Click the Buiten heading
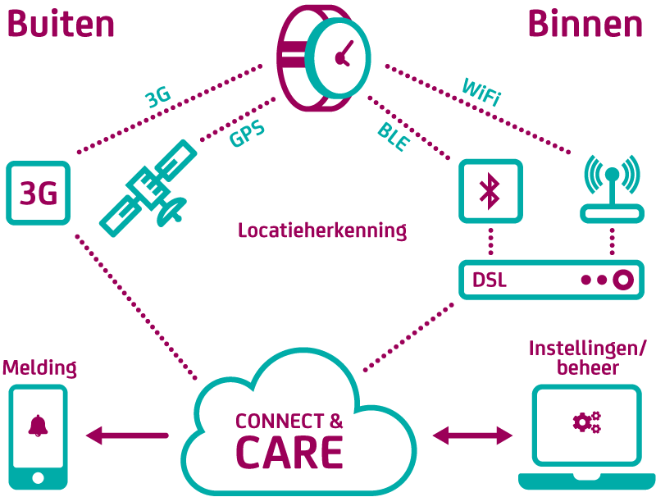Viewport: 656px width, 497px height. (61, 24)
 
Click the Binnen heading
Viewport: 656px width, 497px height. (585, 24)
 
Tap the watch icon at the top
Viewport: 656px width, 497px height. (323, 58)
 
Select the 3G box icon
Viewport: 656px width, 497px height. (38, 193)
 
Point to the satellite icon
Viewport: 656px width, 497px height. (148, 189)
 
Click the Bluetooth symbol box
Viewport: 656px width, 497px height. (490, 191)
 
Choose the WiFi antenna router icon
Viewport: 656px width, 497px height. (612, 189)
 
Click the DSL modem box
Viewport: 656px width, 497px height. (551, 280)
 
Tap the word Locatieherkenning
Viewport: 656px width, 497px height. (322, 230)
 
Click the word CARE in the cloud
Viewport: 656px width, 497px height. (289, 452)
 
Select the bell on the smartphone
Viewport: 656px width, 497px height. (38, 426)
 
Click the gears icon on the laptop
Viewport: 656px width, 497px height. (587, 422)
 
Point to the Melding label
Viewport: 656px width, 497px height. (39, 368)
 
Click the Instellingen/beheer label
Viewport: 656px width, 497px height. (587, 358)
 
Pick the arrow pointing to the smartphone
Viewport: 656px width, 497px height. (127, 435)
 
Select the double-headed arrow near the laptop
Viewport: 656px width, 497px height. (472, 435)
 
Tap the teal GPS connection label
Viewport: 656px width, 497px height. (247, 133)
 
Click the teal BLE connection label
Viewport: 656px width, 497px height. (394, 137)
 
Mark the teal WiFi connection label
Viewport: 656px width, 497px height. (481, 92)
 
